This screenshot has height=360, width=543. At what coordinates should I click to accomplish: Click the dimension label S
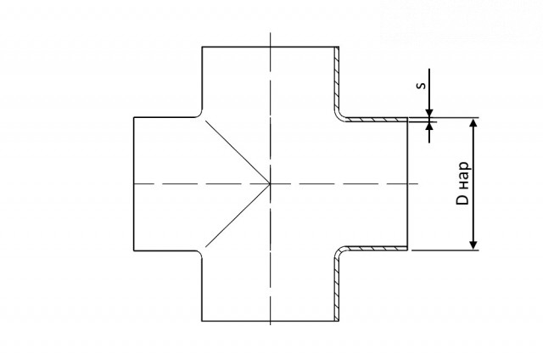click(x=421, y=85)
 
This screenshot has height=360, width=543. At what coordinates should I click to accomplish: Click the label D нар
click(x=463, y=183)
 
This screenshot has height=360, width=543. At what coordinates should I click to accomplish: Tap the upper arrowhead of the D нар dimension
click(x=473, y=122)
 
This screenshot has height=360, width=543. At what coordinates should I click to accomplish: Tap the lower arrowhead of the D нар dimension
click(x=473, y=245)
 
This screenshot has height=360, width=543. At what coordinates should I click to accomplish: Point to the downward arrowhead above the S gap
click(x=429, y=113)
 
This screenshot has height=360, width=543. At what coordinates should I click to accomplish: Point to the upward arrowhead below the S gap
click(x=429, y=127)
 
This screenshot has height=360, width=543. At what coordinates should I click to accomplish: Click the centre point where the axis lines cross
click(x=270, y=183)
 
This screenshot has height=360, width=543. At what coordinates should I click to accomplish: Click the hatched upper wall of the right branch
click(x=376, y=120)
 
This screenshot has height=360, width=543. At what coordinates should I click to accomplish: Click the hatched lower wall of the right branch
click(x=376, y=248)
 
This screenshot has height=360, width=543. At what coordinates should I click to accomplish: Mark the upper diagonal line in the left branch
click(x=238, y=152)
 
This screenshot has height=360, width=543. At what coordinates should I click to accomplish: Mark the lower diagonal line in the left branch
click(x=238, y=216)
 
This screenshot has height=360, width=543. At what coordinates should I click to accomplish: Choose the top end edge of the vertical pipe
click(x=270, y=47)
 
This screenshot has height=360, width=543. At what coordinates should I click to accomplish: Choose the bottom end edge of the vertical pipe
click(x=270, y=321)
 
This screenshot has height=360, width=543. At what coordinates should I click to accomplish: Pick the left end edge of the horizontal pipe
click(x=134, y=183)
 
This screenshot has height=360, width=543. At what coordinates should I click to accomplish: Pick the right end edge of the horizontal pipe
click(x=407, y=183)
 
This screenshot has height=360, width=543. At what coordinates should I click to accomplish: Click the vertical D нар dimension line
click(x=473, y=183)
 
